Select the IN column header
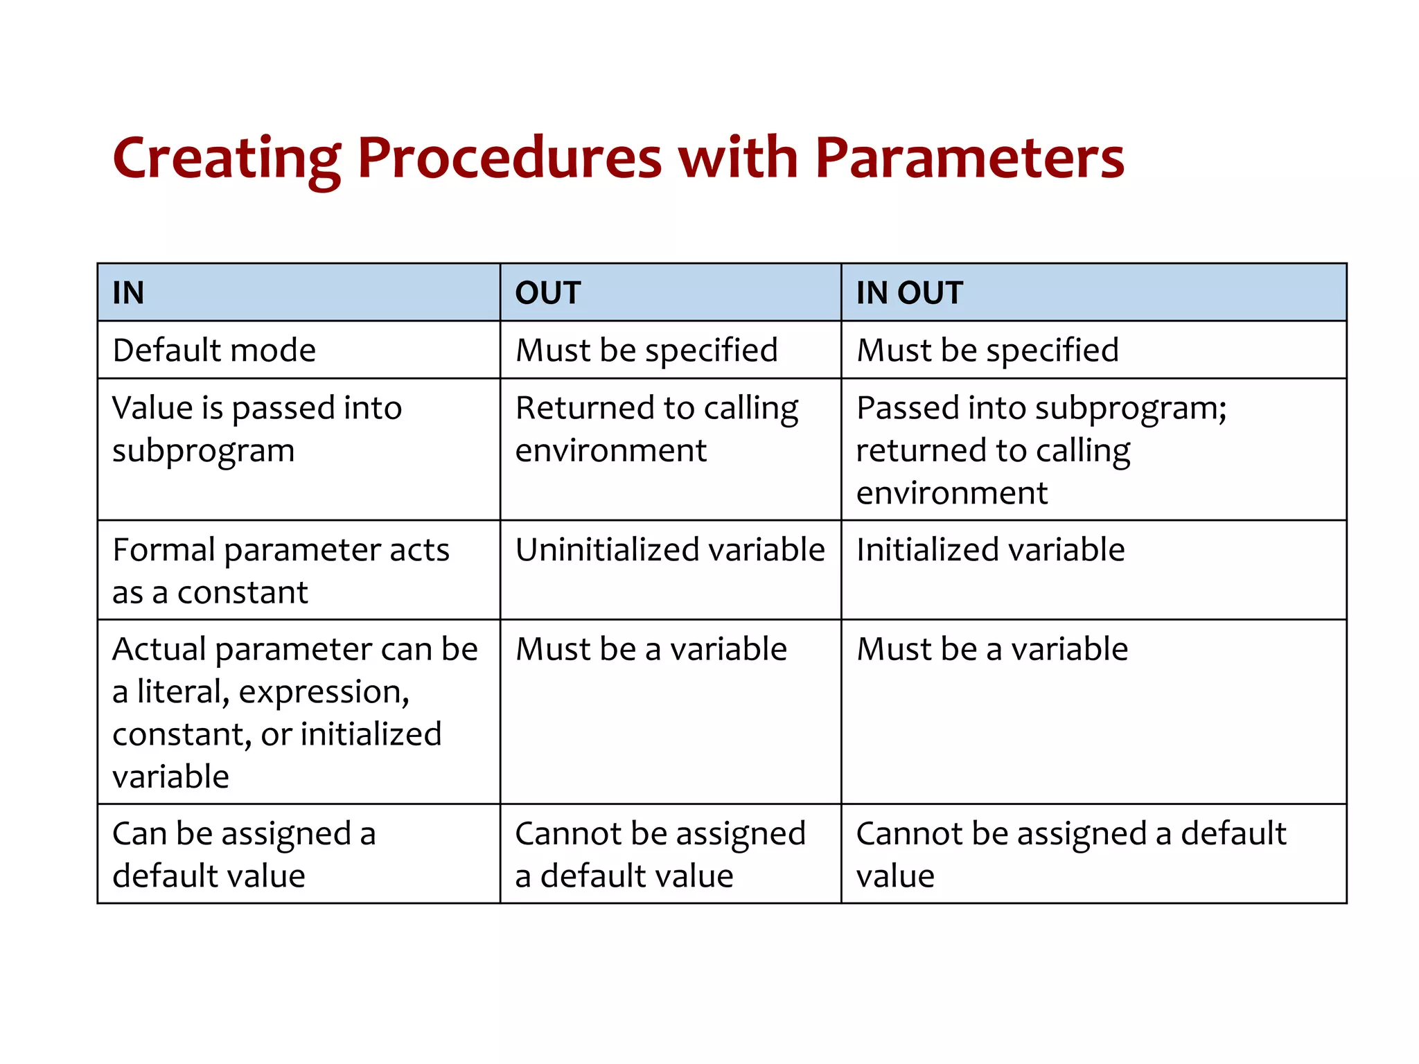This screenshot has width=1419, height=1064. (x=129, y=292)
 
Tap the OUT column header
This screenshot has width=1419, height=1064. (x=547, y=292)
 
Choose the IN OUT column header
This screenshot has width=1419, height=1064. (x=909, y=292)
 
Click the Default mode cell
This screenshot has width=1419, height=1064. (x=214, y=350)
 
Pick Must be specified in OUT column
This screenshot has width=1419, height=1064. (x=646, y=350)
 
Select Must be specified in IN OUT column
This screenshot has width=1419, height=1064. (x=987, y=350)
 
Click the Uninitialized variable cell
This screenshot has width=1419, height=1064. (x=670, y=549)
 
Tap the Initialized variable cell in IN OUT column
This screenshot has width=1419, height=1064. (x=990, y=549)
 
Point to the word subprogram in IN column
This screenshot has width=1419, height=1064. (x=203, y=451)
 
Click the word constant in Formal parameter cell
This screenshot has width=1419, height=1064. (x=243, y=592)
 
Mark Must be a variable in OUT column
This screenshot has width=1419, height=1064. (x=651, y=649)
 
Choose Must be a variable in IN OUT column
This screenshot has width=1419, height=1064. (x=992, y=649)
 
